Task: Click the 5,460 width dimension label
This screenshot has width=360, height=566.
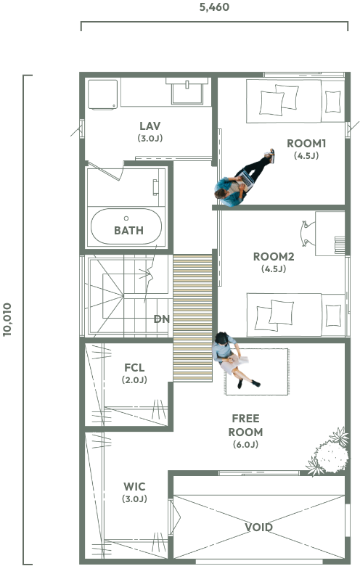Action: pos(214,7)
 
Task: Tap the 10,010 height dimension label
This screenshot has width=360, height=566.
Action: pos(7,320)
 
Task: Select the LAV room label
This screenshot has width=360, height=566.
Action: pos(150,126)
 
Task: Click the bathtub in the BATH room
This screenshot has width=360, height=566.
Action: pos(126,226)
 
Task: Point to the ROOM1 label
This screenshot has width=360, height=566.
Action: pos(306,144)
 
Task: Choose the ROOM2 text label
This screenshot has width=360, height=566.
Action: pos(274,257)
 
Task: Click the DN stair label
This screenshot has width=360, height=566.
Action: pos(161,319)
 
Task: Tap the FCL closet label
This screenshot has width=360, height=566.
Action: pos(134,368)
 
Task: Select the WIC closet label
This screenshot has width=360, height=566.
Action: pos(134,487)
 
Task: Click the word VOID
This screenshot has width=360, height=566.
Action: pos(258,528)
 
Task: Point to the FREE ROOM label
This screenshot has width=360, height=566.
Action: pos(245,425)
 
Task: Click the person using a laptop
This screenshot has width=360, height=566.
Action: pos(244,178)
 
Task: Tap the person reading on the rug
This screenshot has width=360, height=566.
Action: pos(234,359)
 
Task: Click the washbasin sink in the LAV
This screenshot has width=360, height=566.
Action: pos(187,91)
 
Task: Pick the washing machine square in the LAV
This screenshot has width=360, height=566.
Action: pos(103,94)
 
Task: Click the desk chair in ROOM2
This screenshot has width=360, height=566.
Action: pos(307,234)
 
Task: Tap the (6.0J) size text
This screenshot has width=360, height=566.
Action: pos(245,444)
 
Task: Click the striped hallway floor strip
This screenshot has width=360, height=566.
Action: pos(192,318)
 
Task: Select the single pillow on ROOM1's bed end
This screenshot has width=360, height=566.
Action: pos(332,102)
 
